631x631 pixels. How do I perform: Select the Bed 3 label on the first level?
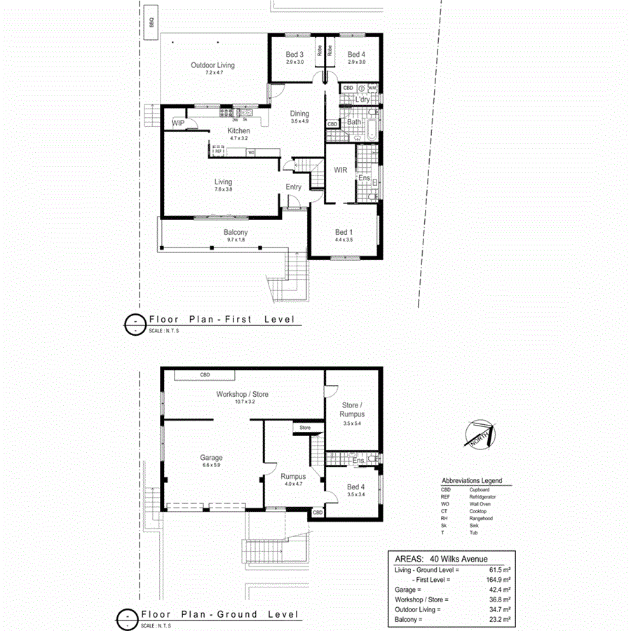coord(294,55)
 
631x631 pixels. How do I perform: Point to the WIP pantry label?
coord(177,123)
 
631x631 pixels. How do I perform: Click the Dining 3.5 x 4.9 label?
coord(299,114)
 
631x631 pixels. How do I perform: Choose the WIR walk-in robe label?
coord(341,170)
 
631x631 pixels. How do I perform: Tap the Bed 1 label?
coord(344,233)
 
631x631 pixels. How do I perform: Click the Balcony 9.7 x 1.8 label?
coord(236,233)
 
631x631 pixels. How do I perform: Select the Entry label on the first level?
coord(293,186)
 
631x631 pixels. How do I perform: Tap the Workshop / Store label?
coord(242,395)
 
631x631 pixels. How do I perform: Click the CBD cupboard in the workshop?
coord(205,375)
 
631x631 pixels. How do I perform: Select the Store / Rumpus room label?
coord(353,409)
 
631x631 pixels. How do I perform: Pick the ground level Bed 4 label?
coord(355,487)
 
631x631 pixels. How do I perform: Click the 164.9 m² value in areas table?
coord(498,580)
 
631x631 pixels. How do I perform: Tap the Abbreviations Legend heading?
coord(471,481)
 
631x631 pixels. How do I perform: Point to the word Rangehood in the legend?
coord(481,518)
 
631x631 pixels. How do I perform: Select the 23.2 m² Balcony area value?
coord(499,619)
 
